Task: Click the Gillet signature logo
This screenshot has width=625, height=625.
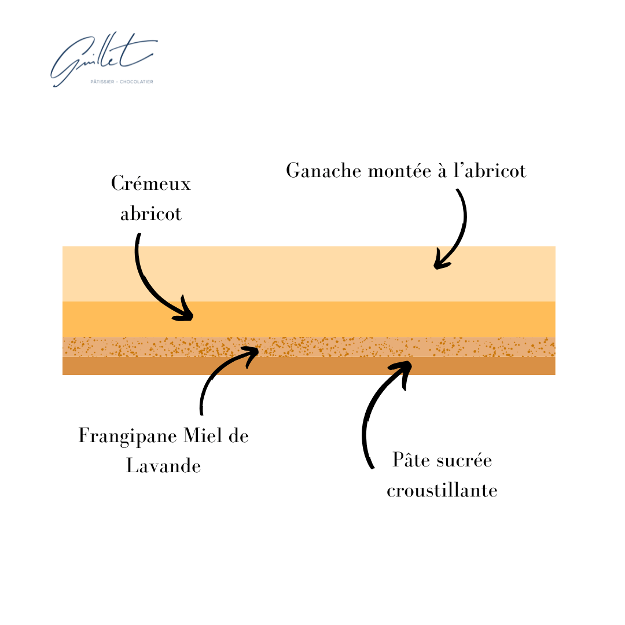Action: (101, 58)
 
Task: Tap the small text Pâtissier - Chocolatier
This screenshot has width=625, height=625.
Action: (122, 82)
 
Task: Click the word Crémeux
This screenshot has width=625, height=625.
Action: (151, 185)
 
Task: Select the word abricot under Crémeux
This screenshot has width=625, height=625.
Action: (151, 214)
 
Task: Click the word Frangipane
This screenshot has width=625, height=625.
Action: (119, 436)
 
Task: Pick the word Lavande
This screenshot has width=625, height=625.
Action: (164, 466)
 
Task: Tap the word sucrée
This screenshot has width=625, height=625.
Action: (466, 461)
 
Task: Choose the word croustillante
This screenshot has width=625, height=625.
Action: (442, 491)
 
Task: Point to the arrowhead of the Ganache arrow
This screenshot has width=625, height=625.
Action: (440, 264)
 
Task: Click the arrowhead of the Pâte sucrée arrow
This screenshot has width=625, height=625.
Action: (405, 366)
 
